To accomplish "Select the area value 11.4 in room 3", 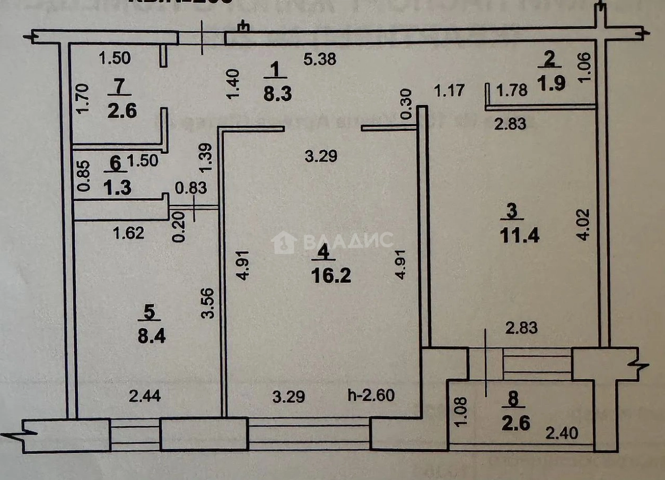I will [x=520, y=235].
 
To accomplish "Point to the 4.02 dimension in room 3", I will [x=583, y=224].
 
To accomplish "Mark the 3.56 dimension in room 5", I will [x=207, y=302].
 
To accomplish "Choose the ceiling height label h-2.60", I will [x=371, y=396].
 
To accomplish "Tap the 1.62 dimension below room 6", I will [x=129, y=232].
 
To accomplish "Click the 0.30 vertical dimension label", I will [x=406, y=106].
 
